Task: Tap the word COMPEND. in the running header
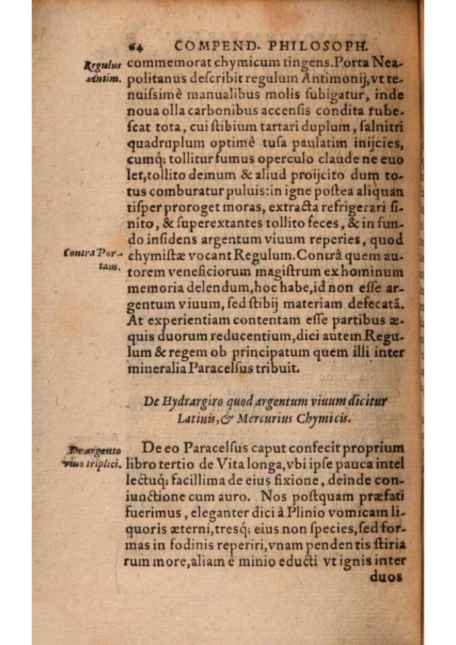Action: [213, 46]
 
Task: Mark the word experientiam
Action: [190, 321]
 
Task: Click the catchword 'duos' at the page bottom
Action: [390, 576]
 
